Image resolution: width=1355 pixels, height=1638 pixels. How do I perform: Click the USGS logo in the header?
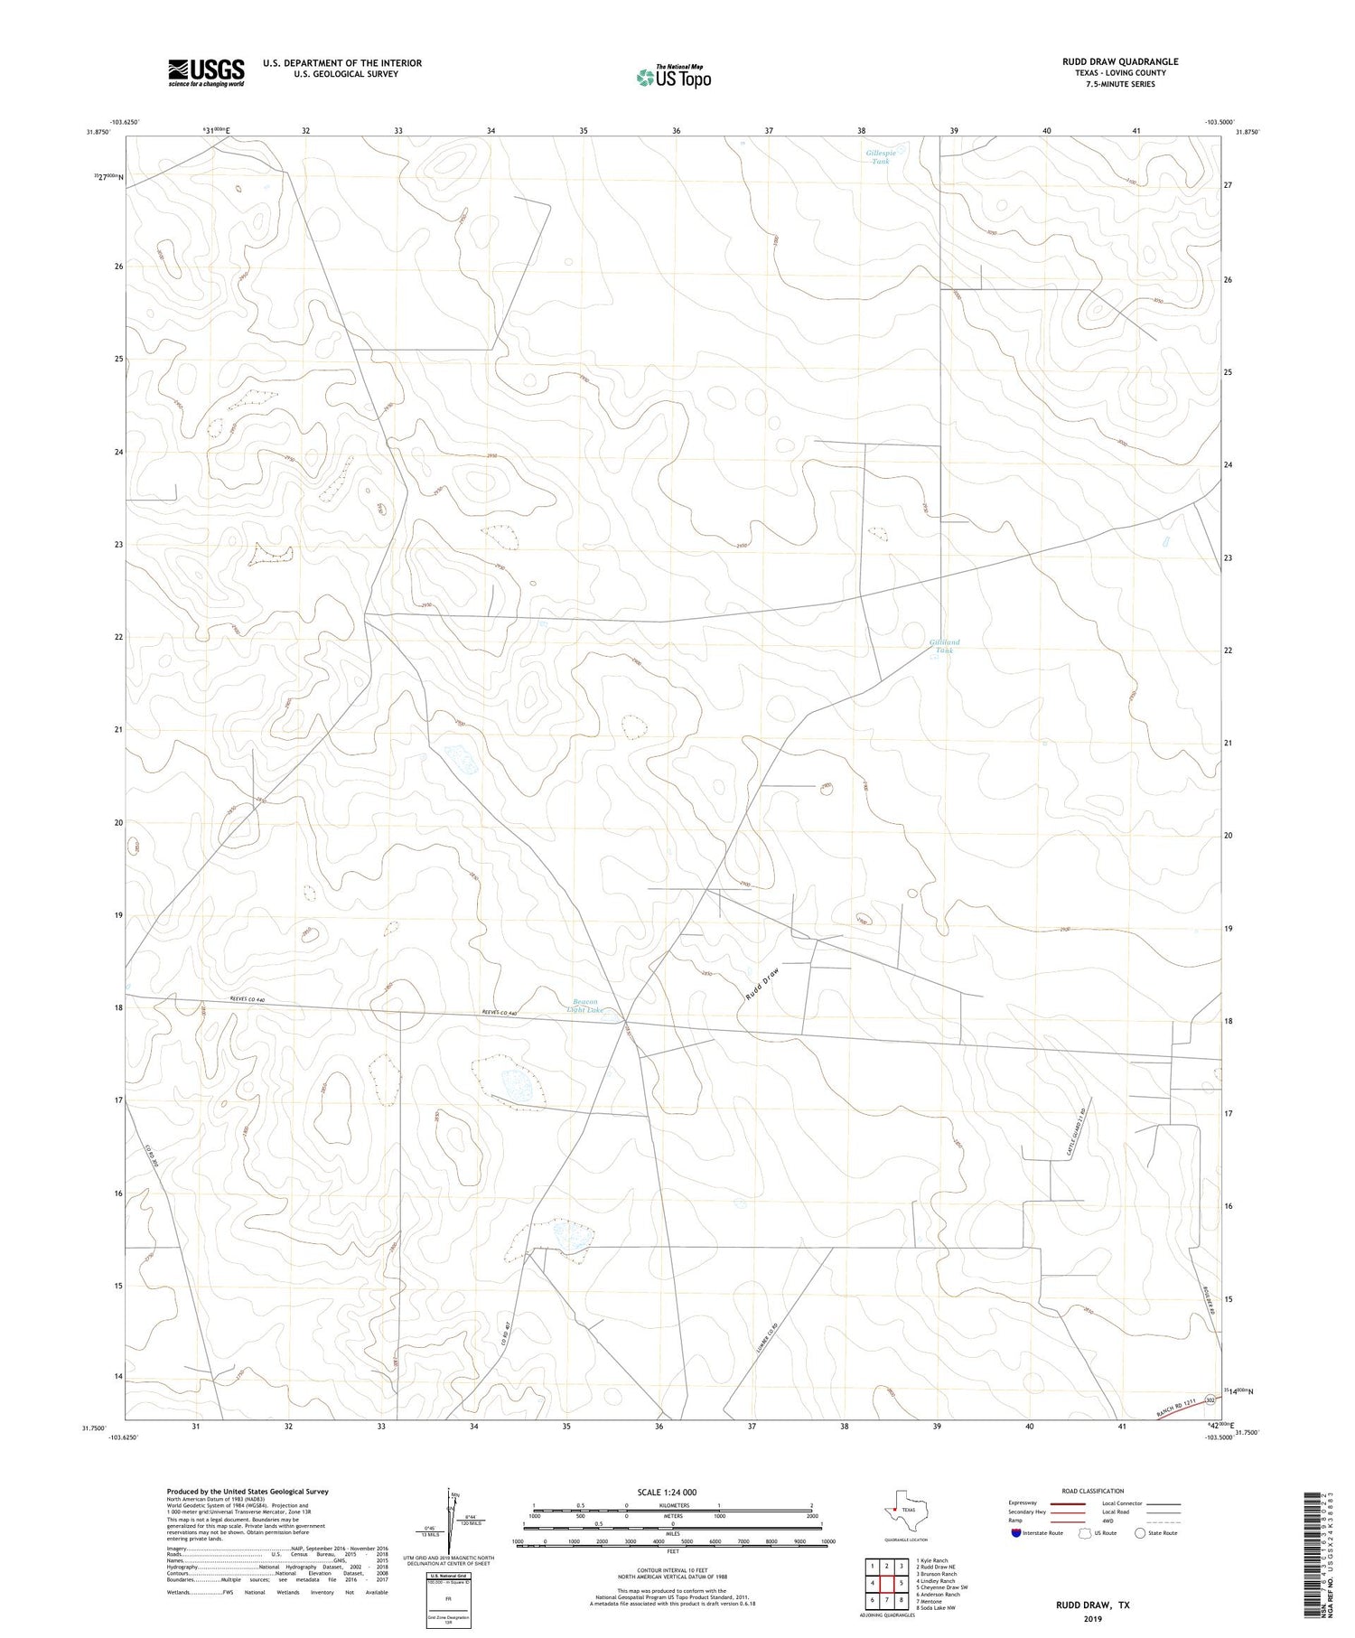[x=206, y=72]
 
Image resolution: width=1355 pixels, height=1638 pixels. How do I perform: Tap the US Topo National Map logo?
[x=673, y=77]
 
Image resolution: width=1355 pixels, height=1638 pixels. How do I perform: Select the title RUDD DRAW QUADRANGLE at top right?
[x=1120, y=61]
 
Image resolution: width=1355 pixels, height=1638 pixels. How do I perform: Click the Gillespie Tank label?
[x=881, y=157]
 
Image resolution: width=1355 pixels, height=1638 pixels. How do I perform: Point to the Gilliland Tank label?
[x=944, y=646]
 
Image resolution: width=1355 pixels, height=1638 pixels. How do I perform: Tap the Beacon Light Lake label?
[x=585, y=1005]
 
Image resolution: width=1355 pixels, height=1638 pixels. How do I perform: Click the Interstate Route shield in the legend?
[x=1015, y=1533]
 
